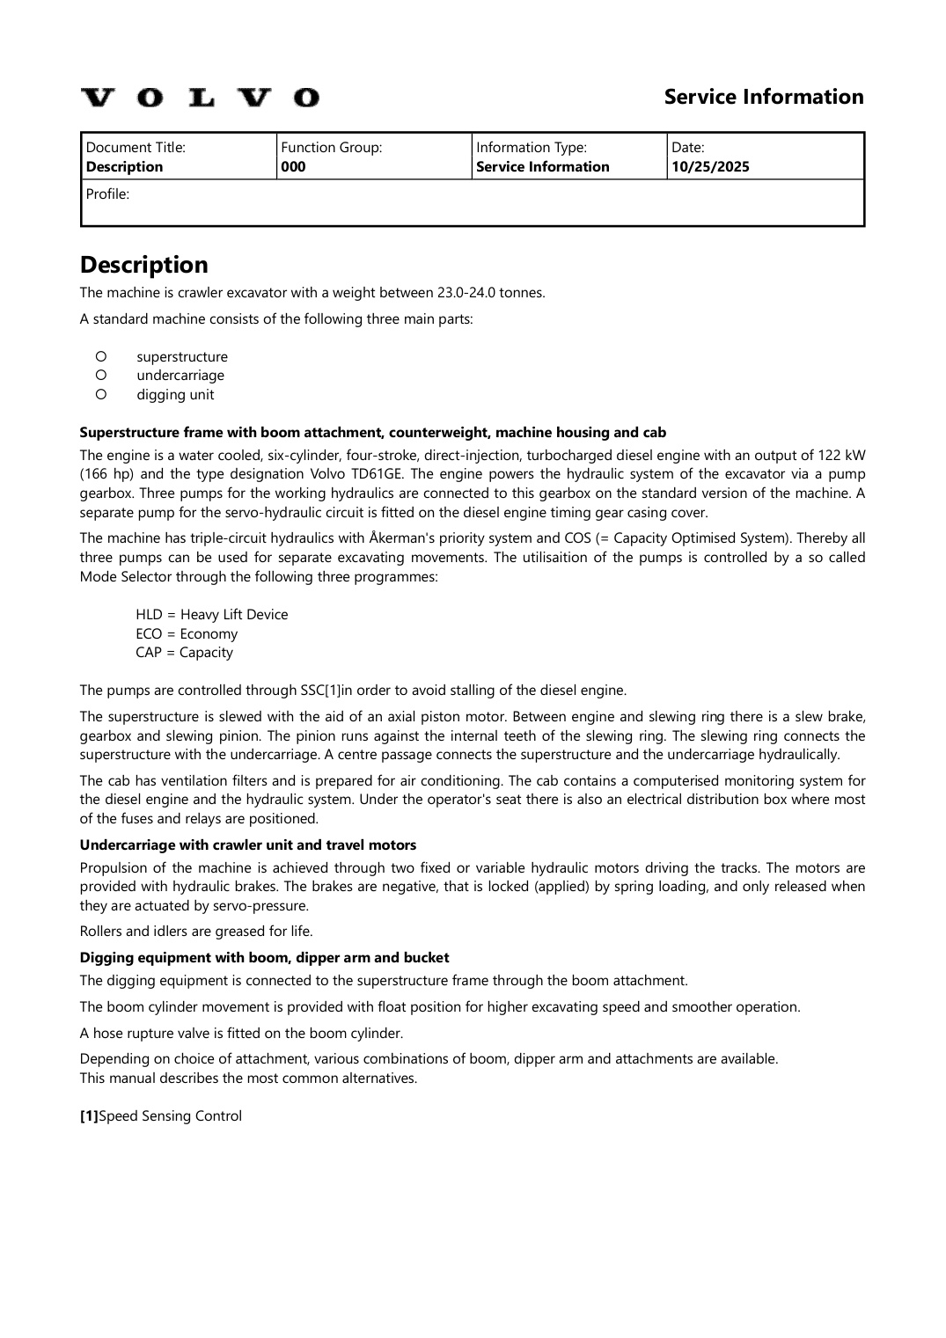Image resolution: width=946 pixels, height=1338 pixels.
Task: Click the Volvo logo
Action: point(200,97)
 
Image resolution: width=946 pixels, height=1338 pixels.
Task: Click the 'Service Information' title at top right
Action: point(763,97)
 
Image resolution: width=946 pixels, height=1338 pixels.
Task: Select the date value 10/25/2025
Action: point(710,167)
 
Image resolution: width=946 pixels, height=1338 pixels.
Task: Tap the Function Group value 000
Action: point(293,167)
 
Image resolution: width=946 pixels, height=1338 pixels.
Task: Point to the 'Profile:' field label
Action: point(107,194)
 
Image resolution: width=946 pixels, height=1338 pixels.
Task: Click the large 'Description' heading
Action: point(144,265)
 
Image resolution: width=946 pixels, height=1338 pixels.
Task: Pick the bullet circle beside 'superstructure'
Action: point(101,356)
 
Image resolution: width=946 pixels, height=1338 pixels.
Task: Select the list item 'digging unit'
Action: point(175,395)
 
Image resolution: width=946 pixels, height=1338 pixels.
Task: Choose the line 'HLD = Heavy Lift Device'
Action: point(211,615)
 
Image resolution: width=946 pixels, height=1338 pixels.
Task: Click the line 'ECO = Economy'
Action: point(187,634)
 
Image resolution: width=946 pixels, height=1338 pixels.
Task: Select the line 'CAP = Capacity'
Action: point(184,653)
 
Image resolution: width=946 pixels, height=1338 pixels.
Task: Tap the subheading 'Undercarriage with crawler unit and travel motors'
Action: point(248,845)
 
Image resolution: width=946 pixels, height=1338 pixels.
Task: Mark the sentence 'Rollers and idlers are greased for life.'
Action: point(196,931)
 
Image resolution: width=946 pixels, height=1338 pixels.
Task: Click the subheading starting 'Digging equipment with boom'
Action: point(264,958)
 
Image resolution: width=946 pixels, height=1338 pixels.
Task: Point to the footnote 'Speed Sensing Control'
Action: point(170,1116)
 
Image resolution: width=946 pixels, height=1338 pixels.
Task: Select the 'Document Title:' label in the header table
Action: point(136,148)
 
